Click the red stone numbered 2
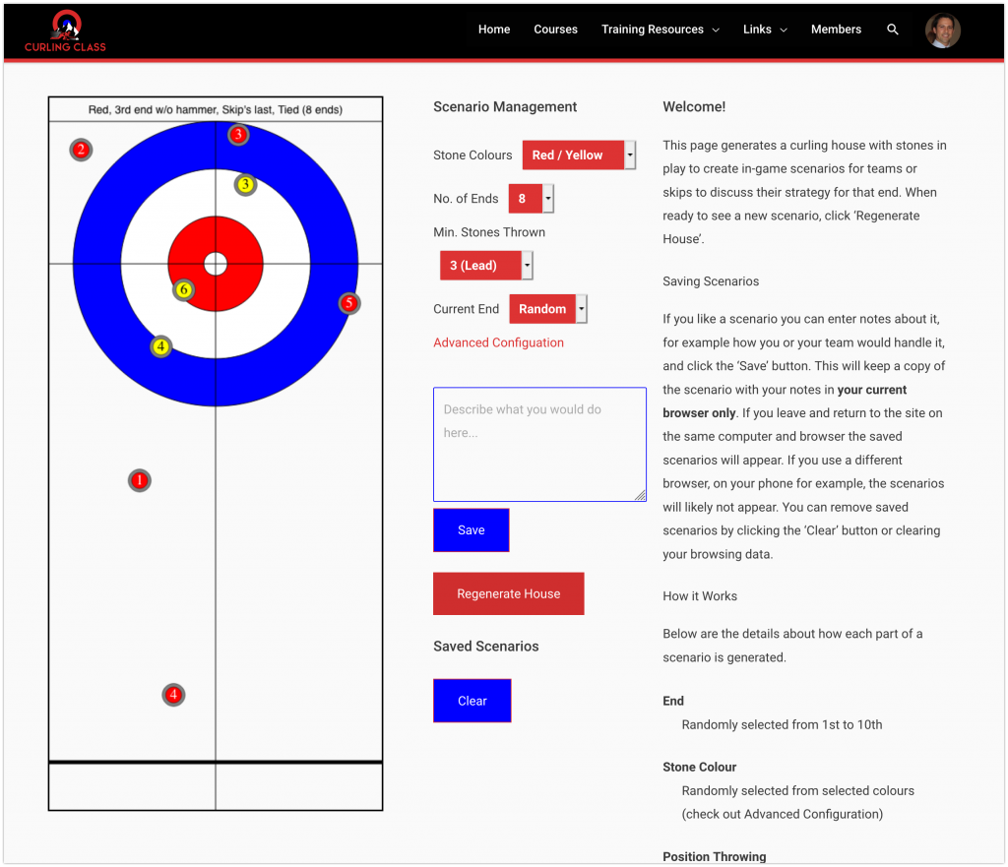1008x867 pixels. click(81, 150)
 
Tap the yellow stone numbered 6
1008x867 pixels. click(183, 289)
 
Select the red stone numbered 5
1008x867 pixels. click(349, 303)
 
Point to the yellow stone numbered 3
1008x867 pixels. click(245, 184)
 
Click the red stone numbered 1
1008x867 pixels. click(140, 480)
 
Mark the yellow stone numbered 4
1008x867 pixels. click(161, 346)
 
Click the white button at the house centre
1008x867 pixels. click(216, 264)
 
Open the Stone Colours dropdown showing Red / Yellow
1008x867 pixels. click(578, 155)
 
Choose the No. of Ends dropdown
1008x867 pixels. click(531, 199)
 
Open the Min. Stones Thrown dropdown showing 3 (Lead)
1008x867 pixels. click(486, 266)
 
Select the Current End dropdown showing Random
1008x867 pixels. click(547, 309)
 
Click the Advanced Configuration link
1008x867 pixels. click(498, 342)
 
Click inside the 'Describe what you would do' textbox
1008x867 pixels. click(539, 444)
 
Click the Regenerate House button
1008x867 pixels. click(508, 593)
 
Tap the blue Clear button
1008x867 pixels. click(472, 701)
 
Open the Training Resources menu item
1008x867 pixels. click(660, 30)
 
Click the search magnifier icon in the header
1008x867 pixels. click(893, 30)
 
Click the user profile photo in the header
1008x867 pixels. click(942, 31)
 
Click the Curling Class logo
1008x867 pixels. click(66, 31)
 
